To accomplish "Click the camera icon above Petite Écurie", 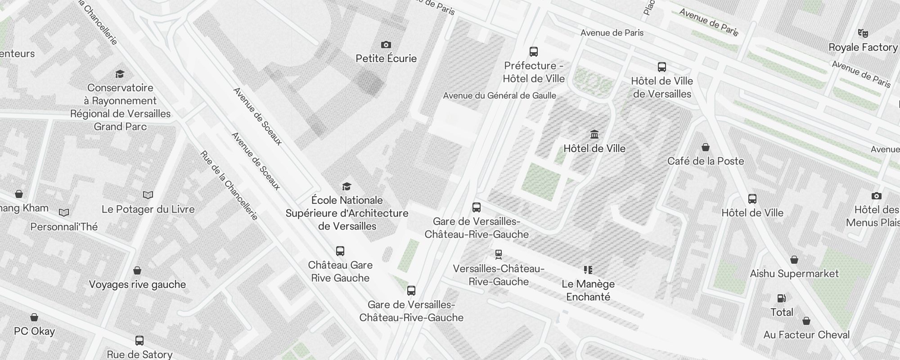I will pos(386,45).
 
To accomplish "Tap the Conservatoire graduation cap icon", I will pos(120,74).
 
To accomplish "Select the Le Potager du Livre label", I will pos(148,209).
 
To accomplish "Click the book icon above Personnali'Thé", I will pos(64,212).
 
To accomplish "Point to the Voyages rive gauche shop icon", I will pos(137,270).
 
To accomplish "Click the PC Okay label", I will pos(34,331).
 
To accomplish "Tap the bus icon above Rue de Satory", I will pos(139,341).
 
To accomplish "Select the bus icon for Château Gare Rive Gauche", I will pos(340,251).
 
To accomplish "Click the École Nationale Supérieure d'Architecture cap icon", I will pos(346,186).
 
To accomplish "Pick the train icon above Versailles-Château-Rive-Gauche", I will pos(498,255).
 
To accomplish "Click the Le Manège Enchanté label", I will pos(588,290).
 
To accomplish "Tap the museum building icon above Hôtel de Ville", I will pos(594,135).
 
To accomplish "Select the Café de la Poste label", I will pos(706,161).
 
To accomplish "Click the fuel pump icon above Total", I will pos(782,298).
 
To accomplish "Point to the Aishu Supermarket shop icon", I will pos(794,260).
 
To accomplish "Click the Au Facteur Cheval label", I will pos(806,335).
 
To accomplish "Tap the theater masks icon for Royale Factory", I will pos(863,33).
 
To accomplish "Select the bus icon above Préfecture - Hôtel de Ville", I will pos(534,52).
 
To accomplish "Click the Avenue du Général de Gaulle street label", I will pos(499,95).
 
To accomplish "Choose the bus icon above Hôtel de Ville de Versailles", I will pos(662,67).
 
